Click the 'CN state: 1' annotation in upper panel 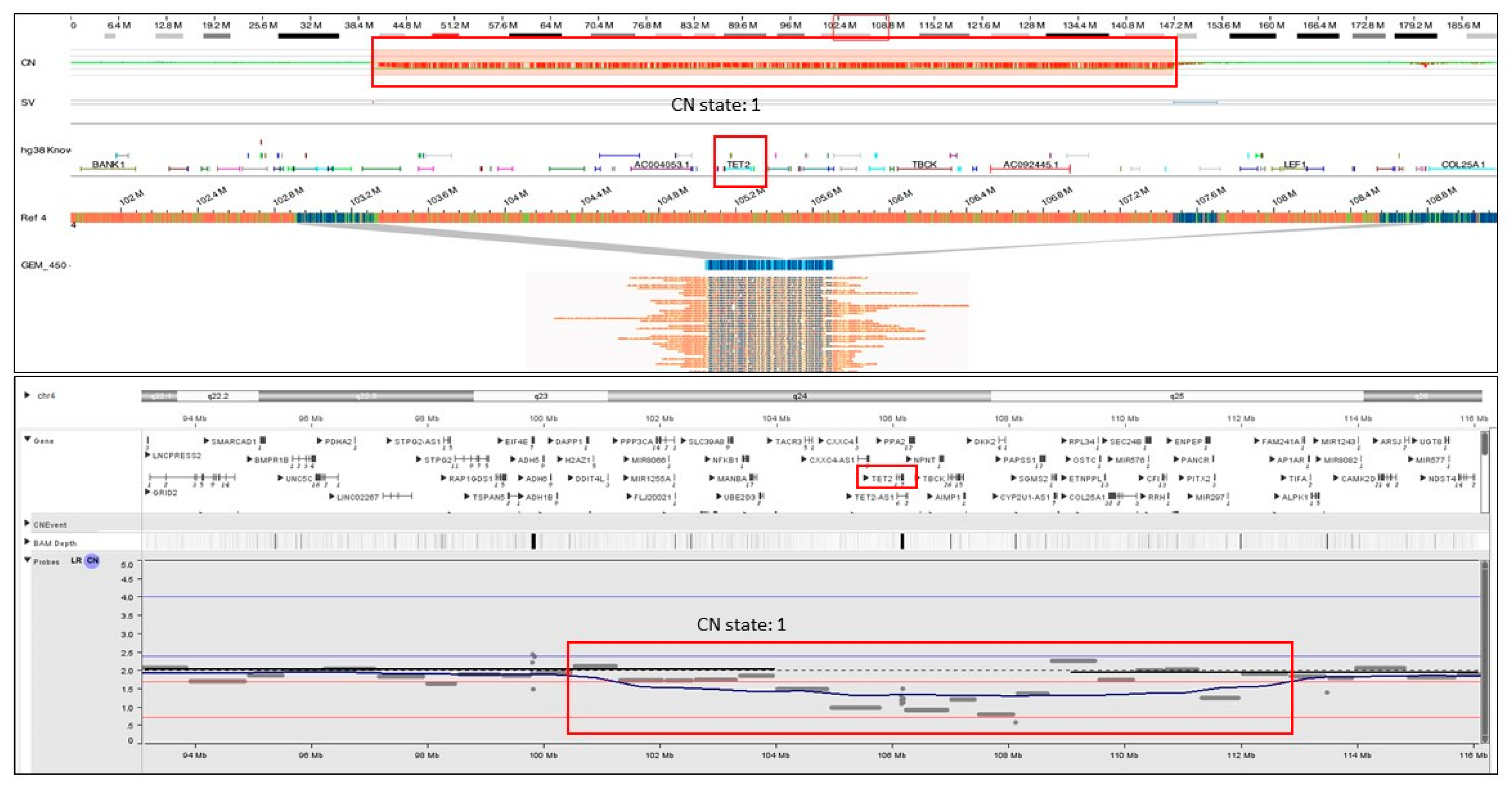pos(715,105)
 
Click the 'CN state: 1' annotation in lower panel pos(741,624)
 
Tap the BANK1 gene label pos(108,164)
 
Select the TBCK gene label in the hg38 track pos(924,164)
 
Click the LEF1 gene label pos(1295,164)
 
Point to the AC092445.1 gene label pos(1031,164)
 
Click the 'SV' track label pos(27,103)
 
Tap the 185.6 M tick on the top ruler pos(1463,25)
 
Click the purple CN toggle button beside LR pos(92,561)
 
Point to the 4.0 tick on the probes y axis pos(127,597)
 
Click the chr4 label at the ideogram pos(46,396)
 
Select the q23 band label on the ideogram pos(540,397)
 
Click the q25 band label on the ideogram pos(1177,397)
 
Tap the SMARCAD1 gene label pos(233,441)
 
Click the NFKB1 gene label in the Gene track pos(726,460)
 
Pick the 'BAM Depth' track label pos(54,543)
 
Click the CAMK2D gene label pos(1358,478)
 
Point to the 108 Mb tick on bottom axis pos(1008,755)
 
